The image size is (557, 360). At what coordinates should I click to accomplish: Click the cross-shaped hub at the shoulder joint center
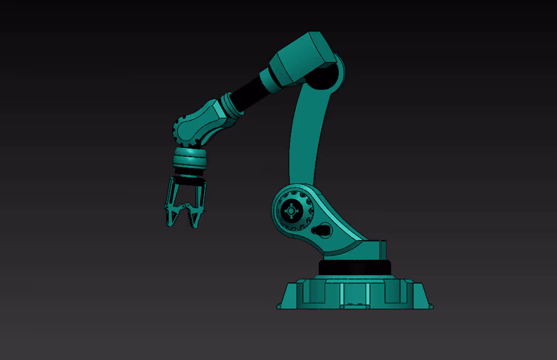[x=291, y=211]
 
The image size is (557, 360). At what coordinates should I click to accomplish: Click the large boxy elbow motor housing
[x=301, y=58]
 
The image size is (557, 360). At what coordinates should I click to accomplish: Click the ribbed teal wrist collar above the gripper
[x=190, y=160]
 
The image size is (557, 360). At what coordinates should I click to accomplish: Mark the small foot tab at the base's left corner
[x=279, y=306]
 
